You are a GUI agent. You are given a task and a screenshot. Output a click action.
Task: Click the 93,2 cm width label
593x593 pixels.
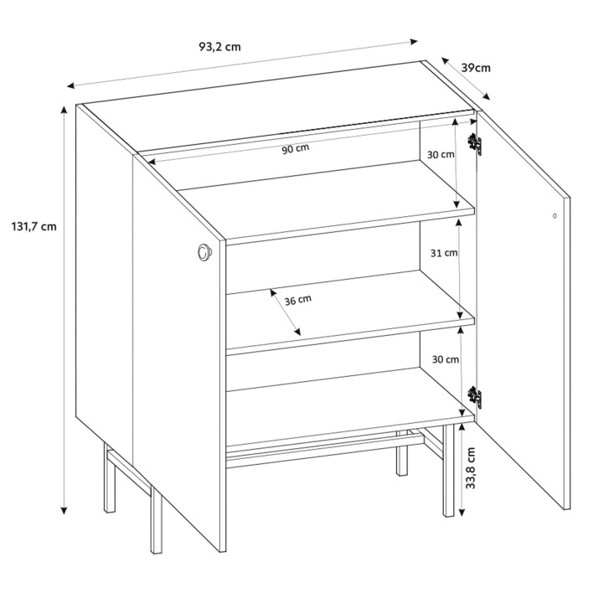point(219,47)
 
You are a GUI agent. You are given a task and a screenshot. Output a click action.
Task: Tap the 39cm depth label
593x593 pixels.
point(476,68)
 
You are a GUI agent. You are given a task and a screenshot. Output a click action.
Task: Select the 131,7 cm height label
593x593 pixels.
point(34,226)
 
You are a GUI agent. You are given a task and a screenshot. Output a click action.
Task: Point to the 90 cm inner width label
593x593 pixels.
point(296,149)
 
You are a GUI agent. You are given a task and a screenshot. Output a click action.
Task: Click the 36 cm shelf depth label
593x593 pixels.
point(298,300)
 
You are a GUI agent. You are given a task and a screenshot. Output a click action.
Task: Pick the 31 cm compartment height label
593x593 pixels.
point(444,253)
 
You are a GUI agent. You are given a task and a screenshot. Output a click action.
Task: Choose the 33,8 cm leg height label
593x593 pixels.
point(470,468)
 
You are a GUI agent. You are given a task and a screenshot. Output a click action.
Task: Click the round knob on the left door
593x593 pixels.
point(204,251)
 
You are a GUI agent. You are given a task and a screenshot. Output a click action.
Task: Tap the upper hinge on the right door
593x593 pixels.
point(475,144)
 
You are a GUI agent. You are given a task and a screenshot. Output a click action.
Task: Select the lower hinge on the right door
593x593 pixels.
point(475,398)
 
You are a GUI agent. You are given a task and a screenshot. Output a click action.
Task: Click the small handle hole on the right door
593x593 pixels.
point(554,216)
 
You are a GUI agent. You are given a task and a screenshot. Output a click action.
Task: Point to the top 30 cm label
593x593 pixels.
point(441,154)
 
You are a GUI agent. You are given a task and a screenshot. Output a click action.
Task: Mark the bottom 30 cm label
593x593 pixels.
point(446,359)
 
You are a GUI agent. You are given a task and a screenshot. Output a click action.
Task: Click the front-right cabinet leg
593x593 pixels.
point(448,470)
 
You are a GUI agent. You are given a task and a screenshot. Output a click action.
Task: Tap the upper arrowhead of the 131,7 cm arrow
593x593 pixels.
point(64,110)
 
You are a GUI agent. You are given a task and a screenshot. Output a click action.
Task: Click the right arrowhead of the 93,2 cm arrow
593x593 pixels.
point(414,41)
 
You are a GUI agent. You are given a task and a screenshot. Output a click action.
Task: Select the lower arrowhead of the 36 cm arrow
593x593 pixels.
point(297,332)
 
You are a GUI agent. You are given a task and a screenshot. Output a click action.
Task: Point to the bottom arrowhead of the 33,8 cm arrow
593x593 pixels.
point(462,513)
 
